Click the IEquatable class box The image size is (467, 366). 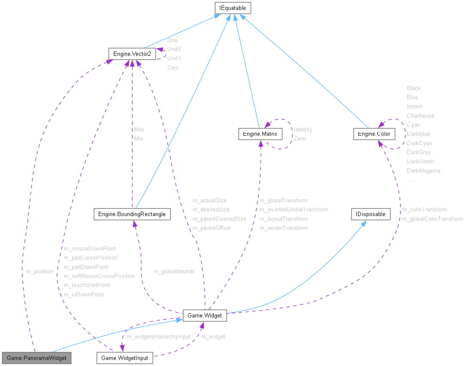[x=233, y=8]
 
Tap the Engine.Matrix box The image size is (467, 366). [x=260, y=134]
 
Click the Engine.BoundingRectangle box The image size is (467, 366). [x=132, y=214]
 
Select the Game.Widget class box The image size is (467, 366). [x=205, y=315]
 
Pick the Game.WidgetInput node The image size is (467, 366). [x=124, y=358]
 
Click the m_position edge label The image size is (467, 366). [x=39, y=271]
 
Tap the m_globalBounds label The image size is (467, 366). [x=174, y=271]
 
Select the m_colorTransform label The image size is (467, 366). [x=425, y=210]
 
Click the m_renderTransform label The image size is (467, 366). [x=284, y=228]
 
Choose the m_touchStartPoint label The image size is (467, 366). [x=87, y=285]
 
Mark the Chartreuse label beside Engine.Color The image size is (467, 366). [x=421, y=116]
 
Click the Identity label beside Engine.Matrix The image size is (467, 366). [x=303, y=130]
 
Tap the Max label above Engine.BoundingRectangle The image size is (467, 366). [x=139, y=130]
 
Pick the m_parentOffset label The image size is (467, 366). [x=212, y=228]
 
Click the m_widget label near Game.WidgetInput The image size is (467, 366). [x=213, y=337]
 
